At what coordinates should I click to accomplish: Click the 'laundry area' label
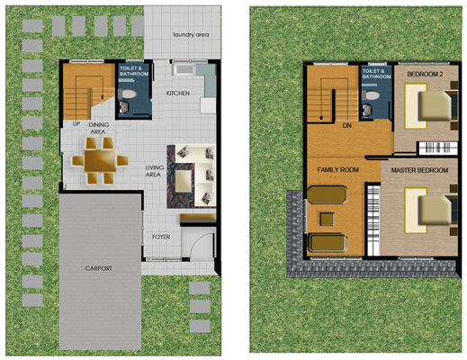[x=191, y=35]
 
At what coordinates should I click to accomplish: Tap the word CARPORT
[x=99, y=268]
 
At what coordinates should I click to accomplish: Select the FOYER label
[x=161, y=237]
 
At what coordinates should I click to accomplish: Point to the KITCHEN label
[x=178, y=94]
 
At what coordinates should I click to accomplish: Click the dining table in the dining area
[x=100, y=160]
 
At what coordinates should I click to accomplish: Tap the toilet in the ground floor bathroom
[x=128, y=94]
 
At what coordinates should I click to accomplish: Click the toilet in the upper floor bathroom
[x=371, y=95]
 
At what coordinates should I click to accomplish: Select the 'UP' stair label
[x=76, y=123]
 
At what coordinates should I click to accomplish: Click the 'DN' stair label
[x=347, y=126]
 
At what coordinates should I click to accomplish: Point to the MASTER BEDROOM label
[x=419, y=170]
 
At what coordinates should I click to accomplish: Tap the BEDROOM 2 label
[x=425, y=74]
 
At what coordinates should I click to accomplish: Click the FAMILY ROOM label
[x=338, y=170]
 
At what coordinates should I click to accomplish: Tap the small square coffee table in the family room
[x=327, y=219]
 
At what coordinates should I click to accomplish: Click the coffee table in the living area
[x=184, y=181]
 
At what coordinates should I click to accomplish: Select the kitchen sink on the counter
[x=184, y=69]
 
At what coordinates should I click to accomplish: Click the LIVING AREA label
[x=155, y=171]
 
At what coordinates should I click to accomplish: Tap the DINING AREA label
[x=99, y=129]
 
